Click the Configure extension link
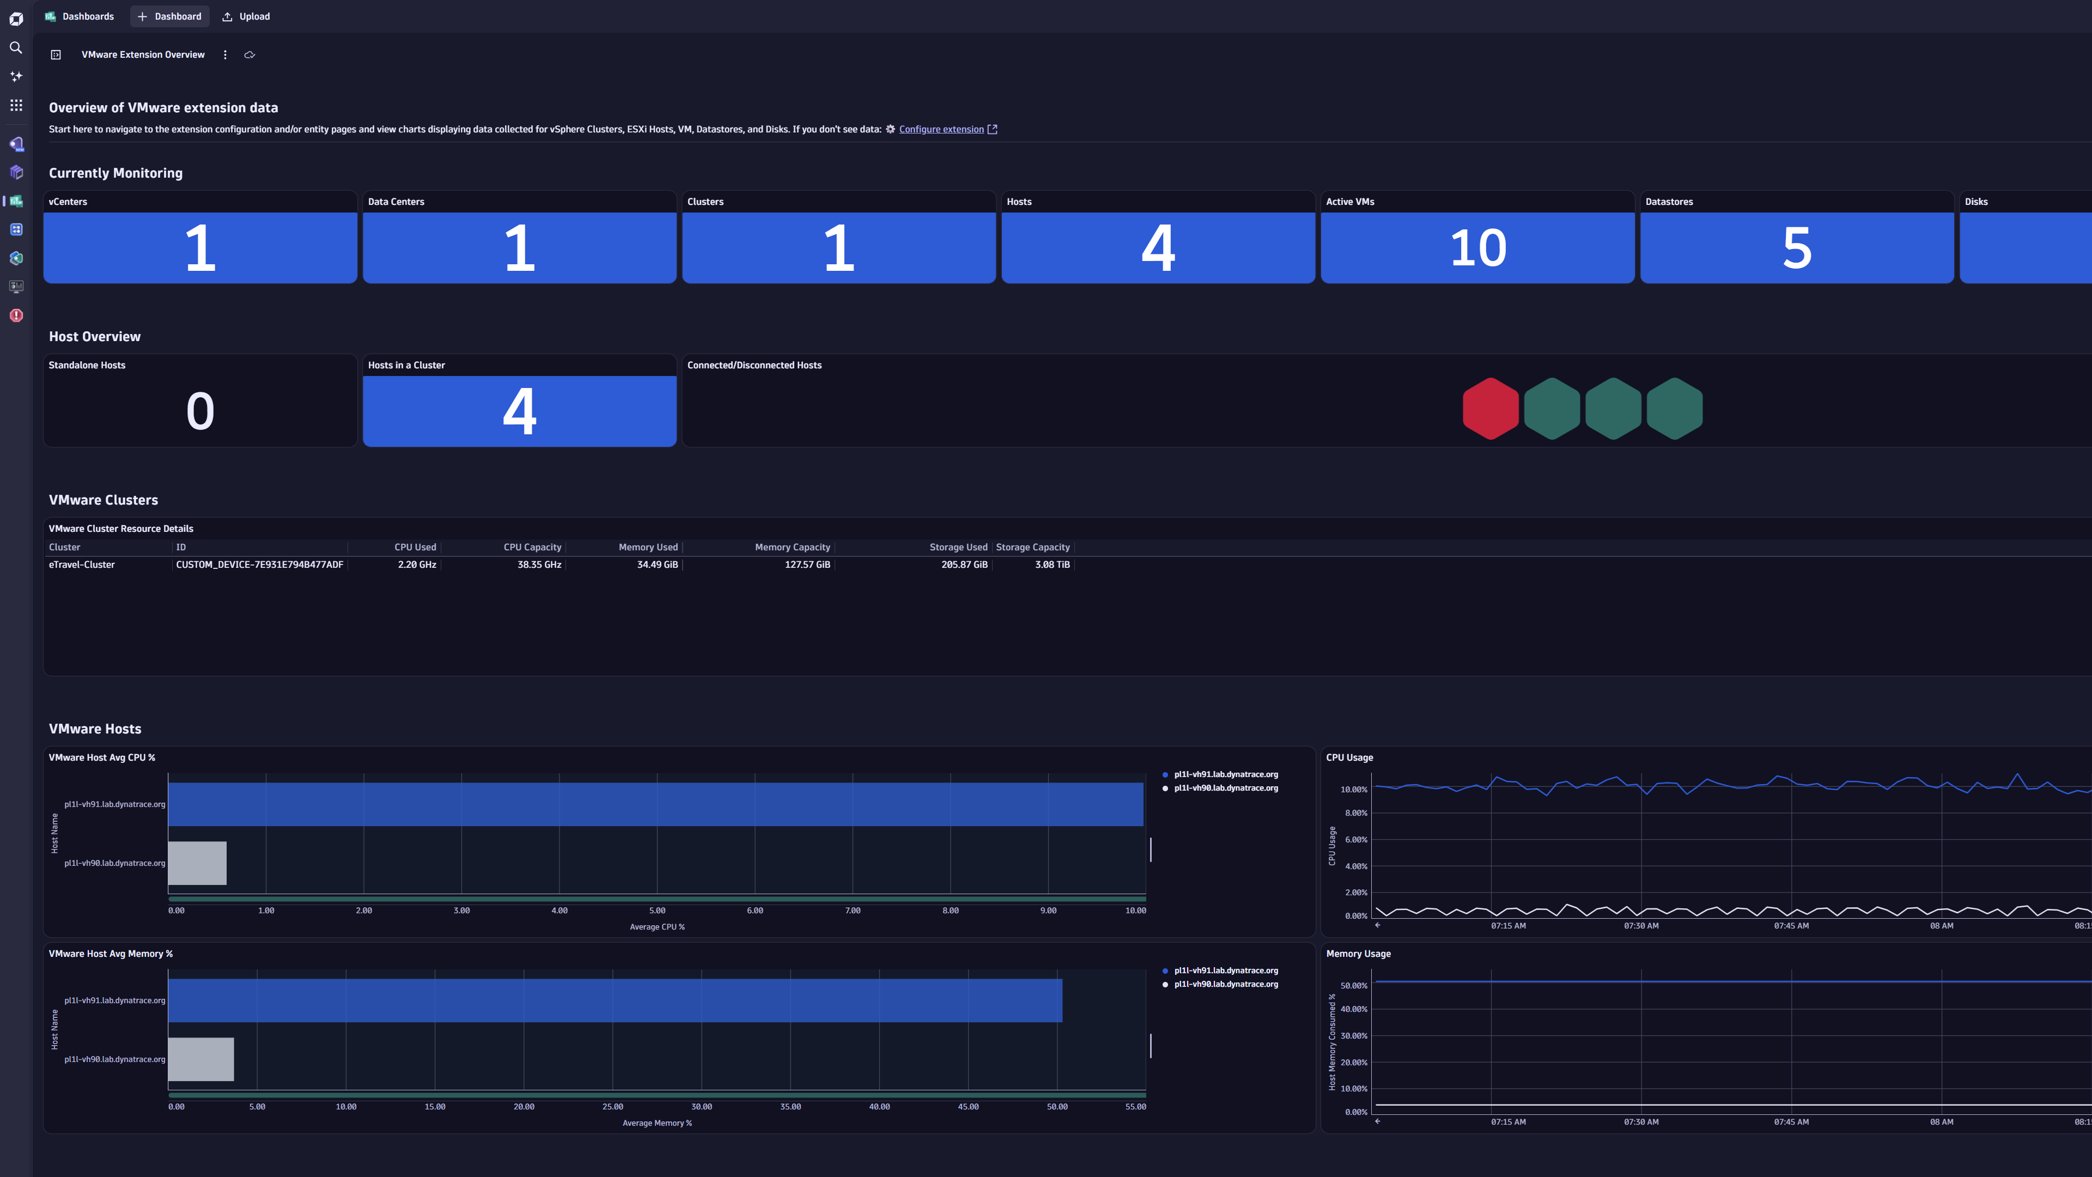point(941,129)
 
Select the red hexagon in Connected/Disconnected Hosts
point(1490,409)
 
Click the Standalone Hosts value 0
point(200,411)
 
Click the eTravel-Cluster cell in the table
point(82,565)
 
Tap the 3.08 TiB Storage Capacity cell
point(1051,565)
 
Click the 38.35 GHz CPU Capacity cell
point(539,565)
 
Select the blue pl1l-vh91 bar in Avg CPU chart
point(654,804)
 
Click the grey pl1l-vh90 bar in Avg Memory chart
point(200,1059)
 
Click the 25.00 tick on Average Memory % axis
point(612,1106)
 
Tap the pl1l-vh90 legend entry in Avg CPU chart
point(1225,788)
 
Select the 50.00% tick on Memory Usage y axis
point(1354,985)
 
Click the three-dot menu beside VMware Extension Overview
point(225,54)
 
